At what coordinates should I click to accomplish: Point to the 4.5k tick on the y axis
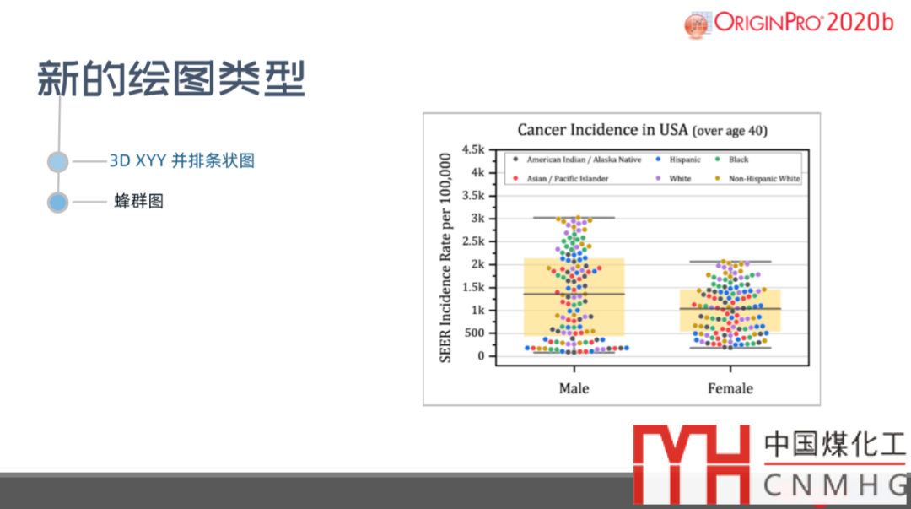point(473,149)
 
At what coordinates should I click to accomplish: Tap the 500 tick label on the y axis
point(474,333)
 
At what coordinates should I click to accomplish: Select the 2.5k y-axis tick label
point(473,241)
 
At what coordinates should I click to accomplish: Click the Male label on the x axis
point(574,388)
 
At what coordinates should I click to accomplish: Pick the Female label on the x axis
point(730,388)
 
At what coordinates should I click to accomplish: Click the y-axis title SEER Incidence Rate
point(445,257)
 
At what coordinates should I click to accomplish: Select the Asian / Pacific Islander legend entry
point(561,179)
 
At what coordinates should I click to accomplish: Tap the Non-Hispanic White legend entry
point(757,179)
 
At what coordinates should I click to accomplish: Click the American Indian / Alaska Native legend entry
point(577,160)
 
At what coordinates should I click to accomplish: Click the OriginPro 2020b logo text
point(804,23)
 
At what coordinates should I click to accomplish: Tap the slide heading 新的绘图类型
point(171,78)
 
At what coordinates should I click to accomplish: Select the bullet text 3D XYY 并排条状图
point(182,160)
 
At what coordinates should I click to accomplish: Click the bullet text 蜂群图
point(139,201)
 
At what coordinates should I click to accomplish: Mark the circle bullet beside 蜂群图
point(57,203)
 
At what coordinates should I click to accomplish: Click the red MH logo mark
point(692,464)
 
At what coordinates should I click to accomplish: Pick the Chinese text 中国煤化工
point(834,444)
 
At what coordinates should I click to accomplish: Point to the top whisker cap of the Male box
point(574,218)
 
